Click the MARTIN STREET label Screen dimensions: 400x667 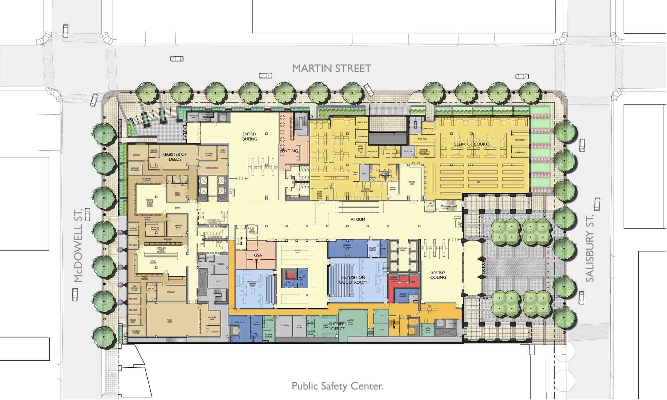click(x=331, y=68)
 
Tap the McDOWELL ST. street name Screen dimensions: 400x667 click(x=78, y=245)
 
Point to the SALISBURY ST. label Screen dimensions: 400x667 click(x=590, y=248)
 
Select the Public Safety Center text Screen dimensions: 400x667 click(x=337, y=386)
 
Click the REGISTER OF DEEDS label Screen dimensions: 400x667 click(x=174, y=157)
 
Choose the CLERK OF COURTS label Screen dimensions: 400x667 click(x=471, y=144)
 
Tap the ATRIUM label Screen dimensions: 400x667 click(x=357, y=219)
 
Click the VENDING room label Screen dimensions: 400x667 click(x=289, y=151)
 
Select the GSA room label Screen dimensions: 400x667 click(x=258, y=255)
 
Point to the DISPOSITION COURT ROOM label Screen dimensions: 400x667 click(x=353, y=280)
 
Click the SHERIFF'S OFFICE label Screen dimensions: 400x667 click(x=338, y=326)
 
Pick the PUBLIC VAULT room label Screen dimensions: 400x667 click(x=170, y=321)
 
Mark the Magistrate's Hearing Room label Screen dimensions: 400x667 click(x=252, y=283)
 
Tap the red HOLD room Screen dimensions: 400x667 click(x=413, y=282)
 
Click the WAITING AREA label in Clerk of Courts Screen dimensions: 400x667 click(x=412, y=183)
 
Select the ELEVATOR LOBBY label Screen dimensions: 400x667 click(x=403, y=249)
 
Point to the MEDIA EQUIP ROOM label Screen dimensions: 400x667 click(x=428, y=330)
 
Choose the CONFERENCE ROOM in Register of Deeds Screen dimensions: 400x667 click(x=178, y=226)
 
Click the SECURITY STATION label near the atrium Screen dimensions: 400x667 click(x=457, y=218)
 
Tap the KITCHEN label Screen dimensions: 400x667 click(x=269, y=320)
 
